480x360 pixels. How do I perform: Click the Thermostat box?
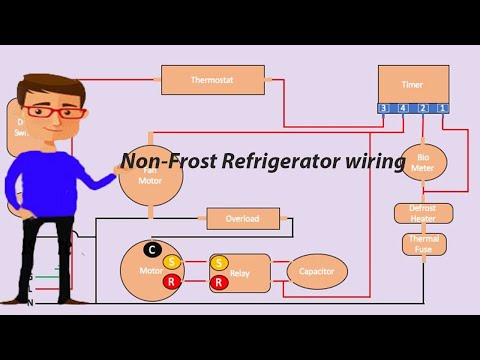point(213,80)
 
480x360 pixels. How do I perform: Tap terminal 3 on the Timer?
point(384,108)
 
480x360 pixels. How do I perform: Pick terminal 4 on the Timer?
point(403,108)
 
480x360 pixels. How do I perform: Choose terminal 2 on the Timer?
point(423,108)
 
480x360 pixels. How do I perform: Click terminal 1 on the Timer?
point(442,108)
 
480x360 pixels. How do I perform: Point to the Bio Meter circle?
point(423,161)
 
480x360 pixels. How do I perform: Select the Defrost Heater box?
point(423,213)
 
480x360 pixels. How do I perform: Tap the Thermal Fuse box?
point(423,243)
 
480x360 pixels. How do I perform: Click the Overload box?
point(242,219)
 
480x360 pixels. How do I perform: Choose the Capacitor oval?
point(317,271)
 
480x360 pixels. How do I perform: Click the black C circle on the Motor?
point(152,248)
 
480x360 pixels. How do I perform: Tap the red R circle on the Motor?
point(171,282)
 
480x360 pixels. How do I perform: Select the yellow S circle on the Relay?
point(219,263)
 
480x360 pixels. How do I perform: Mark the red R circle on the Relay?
point(219,283)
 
